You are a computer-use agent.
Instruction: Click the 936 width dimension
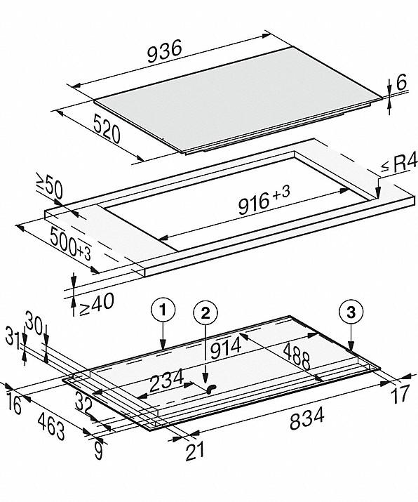coord(164,51)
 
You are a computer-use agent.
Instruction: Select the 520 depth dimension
coord(107,129)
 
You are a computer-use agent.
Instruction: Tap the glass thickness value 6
coord(401,82)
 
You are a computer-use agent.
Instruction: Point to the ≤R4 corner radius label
coord(399,164)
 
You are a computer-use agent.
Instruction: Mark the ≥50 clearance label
coord(49,187)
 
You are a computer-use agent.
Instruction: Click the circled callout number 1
coord(163,310)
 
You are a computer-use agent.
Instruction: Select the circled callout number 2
coord(205,312)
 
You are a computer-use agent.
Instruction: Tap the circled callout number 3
coord(351,312)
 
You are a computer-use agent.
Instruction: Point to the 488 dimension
coord(297,356)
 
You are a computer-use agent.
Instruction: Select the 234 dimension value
coord(166,380)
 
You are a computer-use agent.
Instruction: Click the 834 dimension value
coord(307,418)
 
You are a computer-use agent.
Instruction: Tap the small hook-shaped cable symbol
coord(211,389)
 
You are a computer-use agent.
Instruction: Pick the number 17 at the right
coord(400,394)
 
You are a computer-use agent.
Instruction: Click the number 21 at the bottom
coord(195,451)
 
